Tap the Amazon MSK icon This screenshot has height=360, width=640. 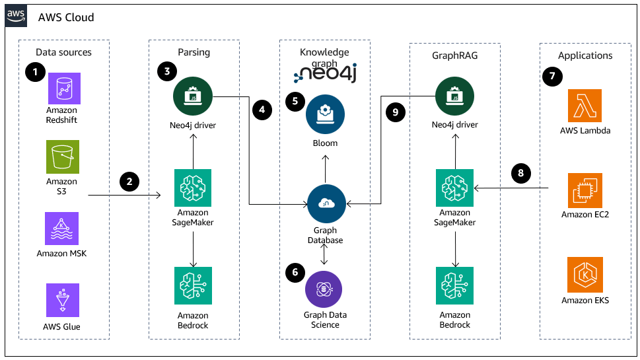pyautogui.click(x=61, y=229)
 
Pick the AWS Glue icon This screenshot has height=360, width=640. pyautogui.click(x=61, y=301)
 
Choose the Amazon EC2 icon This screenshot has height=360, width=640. pyautogui.click(x=585, y=191)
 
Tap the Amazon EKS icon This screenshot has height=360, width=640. pyautogui.click(x=585, y=275)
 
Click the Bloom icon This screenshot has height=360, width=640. pyautogui.click(x=325, y=114)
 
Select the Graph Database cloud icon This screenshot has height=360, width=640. pyautogui.click(x=325, y=203)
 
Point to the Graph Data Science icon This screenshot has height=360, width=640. pyautogui.click(x=324, y=289)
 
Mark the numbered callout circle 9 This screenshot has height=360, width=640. pyautogui.click(x=394, y=112)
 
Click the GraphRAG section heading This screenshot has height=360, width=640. pyautogui.click(x=454, y=56)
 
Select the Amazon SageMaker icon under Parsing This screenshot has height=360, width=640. pyautogui.click(x=192, y=188)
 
